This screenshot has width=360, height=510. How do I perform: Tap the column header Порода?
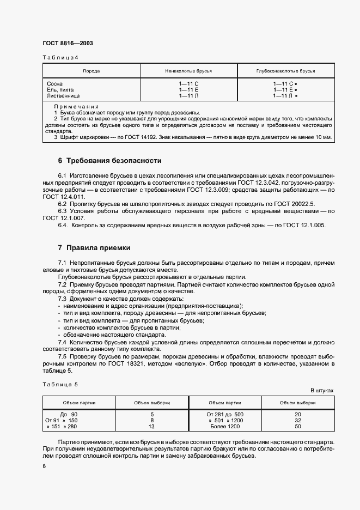click(91, 71)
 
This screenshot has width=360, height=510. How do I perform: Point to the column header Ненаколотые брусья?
click(188, 71)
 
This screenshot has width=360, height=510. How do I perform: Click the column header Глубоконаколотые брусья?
click(286, 71)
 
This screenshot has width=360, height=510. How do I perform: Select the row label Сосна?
click(55, 83)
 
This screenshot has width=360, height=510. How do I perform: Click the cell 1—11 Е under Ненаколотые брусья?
click(188, 89)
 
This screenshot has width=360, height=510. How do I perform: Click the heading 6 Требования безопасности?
click(109, 161)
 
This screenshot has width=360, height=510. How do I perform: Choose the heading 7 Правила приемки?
click(94, 248)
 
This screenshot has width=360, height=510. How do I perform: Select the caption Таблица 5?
click(60, 384)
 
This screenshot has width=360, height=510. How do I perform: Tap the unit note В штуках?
click(322, 391)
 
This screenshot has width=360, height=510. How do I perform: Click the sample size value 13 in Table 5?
click(152, 427)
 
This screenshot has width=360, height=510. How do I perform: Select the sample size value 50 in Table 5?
click(297, 427)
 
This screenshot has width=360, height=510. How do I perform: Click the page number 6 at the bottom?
click(44, 466)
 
